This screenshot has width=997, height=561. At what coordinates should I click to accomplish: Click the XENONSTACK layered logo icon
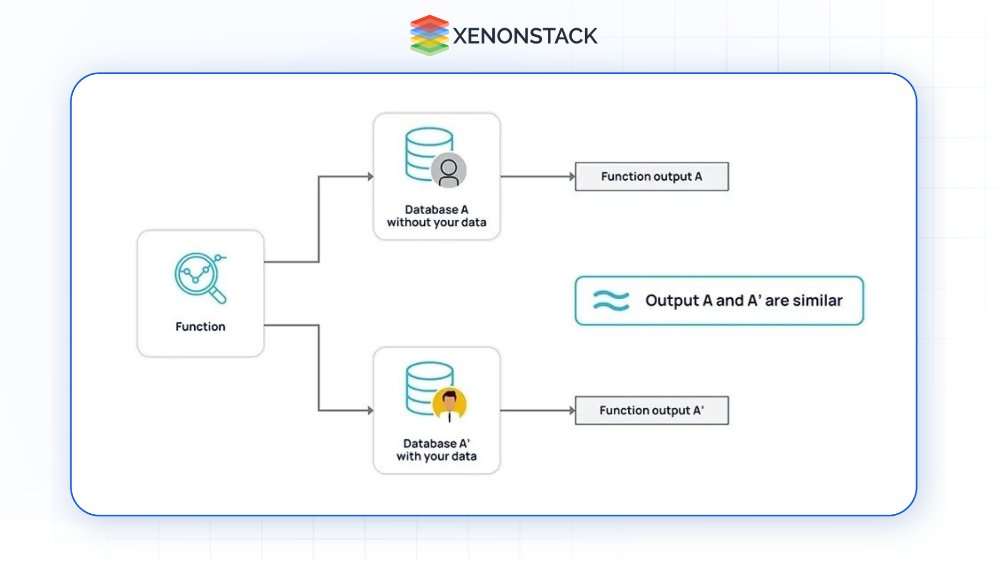(x=429, y=35)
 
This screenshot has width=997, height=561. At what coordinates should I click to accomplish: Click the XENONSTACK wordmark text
(x=524, y=36)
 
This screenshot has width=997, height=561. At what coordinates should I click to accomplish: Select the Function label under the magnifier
(x=200, y=327)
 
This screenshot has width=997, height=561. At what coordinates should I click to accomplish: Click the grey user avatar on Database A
(x=449, y=170)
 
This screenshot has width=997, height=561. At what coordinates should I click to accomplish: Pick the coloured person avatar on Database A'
(x=449, y=405)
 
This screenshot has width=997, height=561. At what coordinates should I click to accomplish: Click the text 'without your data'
(x=436, y=222)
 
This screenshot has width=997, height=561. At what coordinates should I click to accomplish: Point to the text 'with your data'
(x=436, y=456)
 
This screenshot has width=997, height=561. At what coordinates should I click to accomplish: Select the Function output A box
(x=652, y=177)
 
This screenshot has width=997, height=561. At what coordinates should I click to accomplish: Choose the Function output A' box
(x=652, y=410)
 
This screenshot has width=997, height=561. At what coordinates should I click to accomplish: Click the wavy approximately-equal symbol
(x=611, y=300)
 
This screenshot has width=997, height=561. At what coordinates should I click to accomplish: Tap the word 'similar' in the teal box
(x=817, y=300)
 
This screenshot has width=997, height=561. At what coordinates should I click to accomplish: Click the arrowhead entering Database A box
(x=370, y=177)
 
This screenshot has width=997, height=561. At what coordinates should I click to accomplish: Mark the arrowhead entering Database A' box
(x=370, y=410)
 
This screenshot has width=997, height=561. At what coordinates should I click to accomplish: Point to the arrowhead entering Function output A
(x=572, y=177)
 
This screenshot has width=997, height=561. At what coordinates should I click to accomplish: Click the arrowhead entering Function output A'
(x=572, y=410)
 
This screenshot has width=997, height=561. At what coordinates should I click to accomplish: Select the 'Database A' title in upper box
(x=436, y=209)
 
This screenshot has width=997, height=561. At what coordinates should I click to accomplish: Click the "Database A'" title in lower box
(x=436, y=443)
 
